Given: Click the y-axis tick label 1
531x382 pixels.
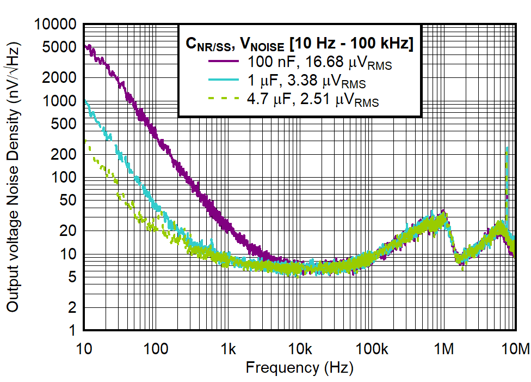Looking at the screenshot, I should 73,331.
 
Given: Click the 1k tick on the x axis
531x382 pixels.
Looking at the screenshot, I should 228,349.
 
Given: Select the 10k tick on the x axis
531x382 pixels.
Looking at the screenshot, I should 300,349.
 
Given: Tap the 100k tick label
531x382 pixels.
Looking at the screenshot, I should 372,349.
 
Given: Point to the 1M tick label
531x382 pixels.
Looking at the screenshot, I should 444,349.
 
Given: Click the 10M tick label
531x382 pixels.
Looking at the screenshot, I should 515,349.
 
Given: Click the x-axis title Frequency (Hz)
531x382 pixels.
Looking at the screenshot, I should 299,368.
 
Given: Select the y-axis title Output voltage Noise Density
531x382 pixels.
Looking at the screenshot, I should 13,180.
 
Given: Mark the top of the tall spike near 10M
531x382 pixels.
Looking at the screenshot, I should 507,148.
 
